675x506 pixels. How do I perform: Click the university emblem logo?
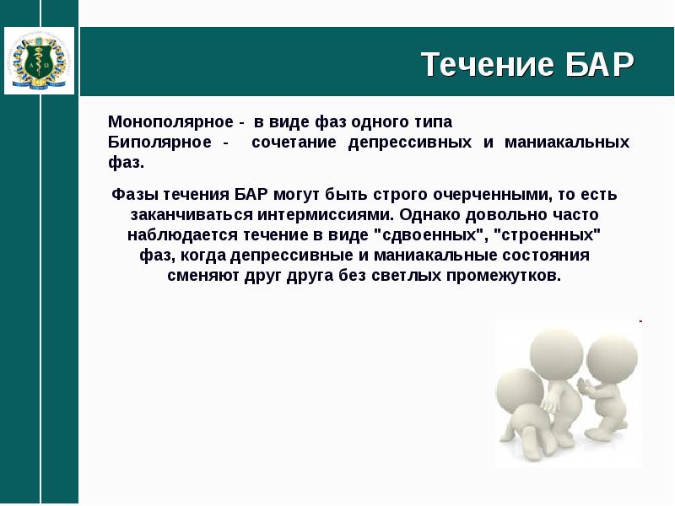[39, 61]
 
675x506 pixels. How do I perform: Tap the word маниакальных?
[567, 142]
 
